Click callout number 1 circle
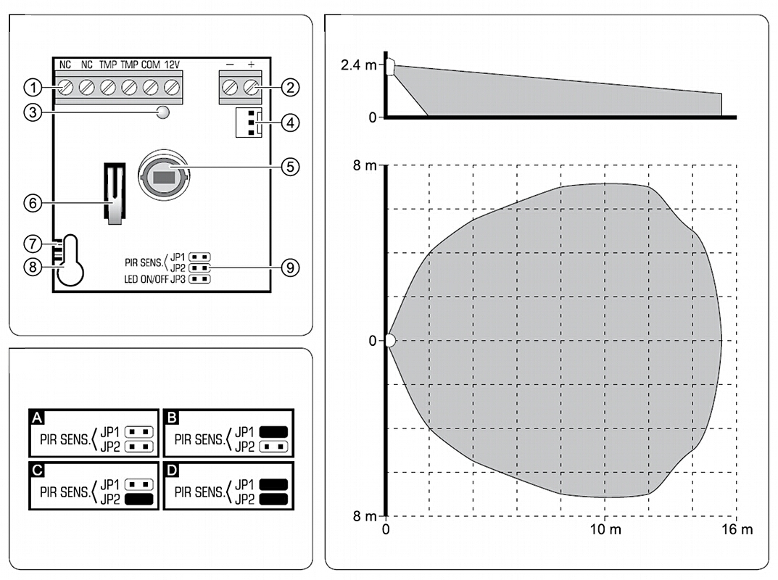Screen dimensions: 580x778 tap(31, 88)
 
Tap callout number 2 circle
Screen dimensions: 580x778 tap(289, 88)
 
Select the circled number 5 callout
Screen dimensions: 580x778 tap(289, 166)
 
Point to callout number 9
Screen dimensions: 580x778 tap(289, 267)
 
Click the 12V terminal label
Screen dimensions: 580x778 tap(172, 65)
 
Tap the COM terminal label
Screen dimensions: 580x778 tap(151, 65)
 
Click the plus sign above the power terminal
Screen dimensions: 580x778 tap(251, 65)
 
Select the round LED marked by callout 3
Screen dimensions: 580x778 tap(164, 112)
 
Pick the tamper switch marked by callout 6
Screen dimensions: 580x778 tap(114, 193)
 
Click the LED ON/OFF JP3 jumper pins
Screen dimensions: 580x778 tap(200, 278)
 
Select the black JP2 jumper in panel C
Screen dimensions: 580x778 tap(138, 500)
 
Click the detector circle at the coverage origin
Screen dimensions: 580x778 tap(390, 340)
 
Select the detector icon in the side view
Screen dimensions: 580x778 tap(390, 67)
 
